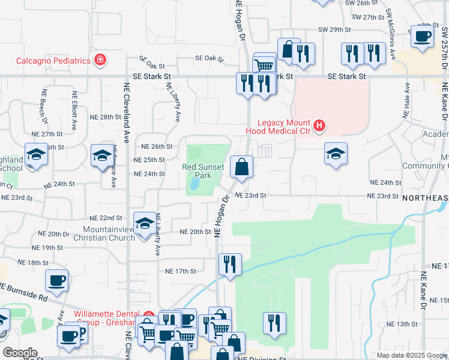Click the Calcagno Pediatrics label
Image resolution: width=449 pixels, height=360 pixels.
53,61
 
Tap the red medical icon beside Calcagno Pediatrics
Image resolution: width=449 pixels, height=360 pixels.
100,60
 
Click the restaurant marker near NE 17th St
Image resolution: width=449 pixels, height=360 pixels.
229,265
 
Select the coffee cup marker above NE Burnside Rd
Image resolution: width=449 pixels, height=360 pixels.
56,281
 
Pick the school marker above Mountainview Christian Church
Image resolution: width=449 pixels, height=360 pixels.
143,224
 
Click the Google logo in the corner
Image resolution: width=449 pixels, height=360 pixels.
19,353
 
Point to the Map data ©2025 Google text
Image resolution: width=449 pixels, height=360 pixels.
411,355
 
